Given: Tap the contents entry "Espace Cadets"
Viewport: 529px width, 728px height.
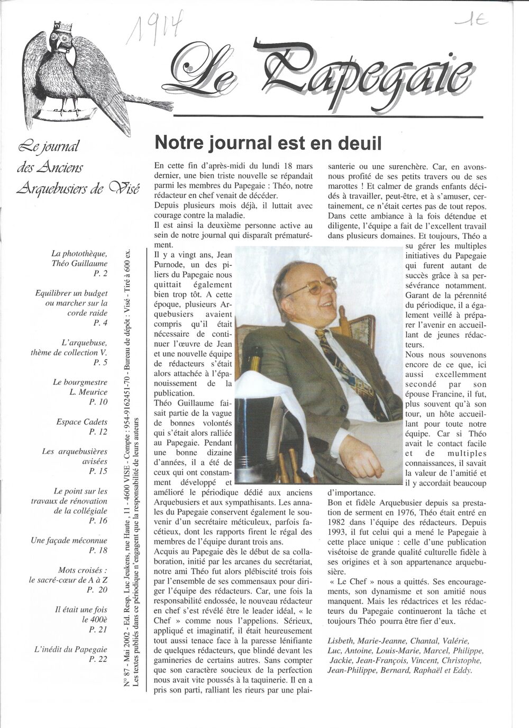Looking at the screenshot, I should click(x=82, y=422).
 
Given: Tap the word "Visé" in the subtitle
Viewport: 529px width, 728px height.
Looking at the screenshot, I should click(x=124, y=188).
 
